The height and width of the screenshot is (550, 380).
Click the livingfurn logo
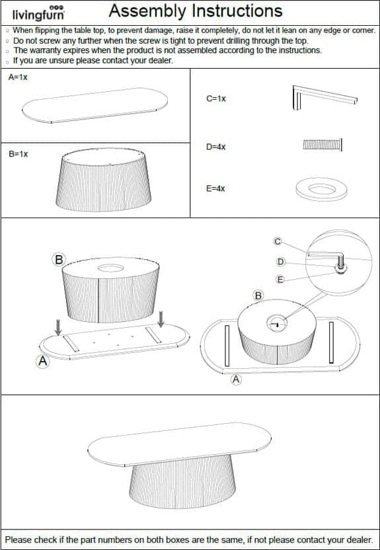(38, 13)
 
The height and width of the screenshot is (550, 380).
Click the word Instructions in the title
(235, 11)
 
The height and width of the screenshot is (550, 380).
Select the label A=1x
(18, 77)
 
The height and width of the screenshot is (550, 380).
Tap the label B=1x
(19, 154)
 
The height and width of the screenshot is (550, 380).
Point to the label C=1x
(216, 98)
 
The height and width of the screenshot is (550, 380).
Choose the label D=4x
(216, 147)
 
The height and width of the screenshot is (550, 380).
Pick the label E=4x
(215, 188)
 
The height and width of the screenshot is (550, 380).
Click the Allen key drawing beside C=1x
(324, 97)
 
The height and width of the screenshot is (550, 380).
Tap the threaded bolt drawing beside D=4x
(323, 145)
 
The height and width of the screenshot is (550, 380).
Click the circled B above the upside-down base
(59, 260)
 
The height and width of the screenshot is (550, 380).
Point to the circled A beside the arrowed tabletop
(43, 362)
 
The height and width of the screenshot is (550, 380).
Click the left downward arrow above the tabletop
(58, 327)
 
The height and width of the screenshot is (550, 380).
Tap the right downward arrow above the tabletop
(161, 319)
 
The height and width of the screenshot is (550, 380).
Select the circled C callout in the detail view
(278, 241)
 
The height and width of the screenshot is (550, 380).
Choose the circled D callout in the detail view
(280, 262)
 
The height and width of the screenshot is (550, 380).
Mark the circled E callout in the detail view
(280, 279)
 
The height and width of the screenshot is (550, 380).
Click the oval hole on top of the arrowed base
(111, 268)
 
